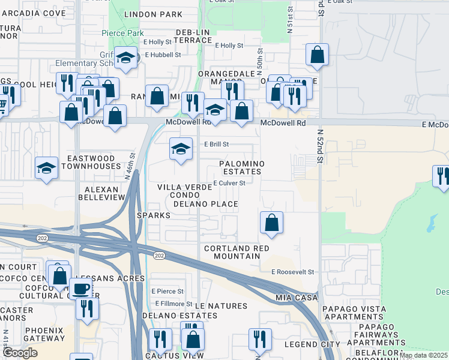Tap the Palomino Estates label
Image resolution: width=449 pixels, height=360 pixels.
pyautogui.click(x=241, y=167)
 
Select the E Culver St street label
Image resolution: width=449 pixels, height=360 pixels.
pyautogui.click(x=229, y=183)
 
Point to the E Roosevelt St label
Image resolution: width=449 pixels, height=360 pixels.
pyautogui.click(x=292, y=272)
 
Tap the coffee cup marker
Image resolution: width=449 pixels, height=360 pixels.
pyautogui.click(x=80, y=288)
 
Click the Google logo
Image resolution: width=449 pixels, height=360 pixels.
pyautogui.click(x=19, y=352)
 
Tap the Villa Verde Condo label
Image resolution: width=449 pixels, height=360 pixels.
pyautogui.click(x=185, y=191)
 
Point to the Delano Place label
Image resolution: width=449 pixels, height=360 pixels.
pyautogui.click(x=206, y=204)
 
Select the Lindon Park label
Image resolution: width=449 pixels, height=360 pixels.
pyautogui.click(x=152, y=14)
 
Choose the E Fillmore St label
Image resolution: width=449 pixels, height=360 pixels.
pyautogui.click(x=172, y=304)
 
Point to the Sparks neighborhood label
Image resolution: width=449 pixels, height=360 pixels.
pyautogui.click(x=150, y=215)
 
